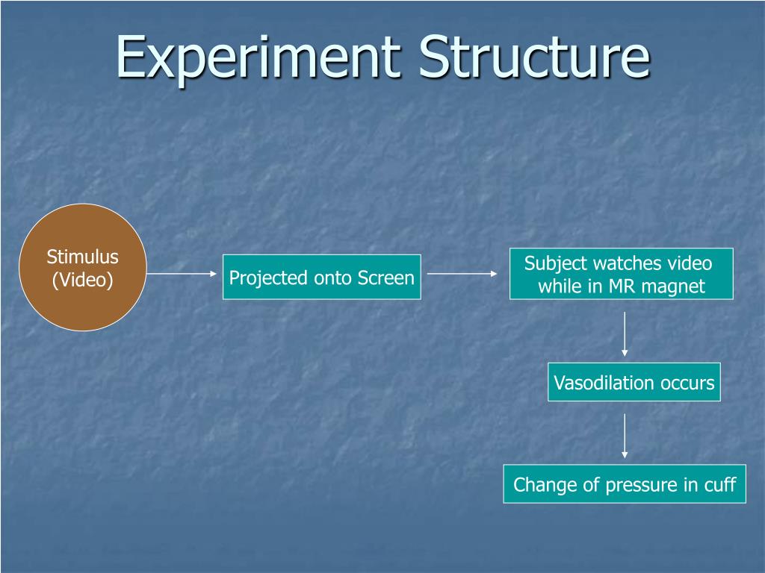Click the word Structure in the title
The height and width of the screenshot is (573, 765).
click(x=533, y=58)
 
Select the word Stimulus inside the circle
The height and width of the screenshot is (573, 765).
click(x=82, y=257)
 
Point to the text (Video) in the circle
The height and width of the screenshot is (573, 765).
click(x=82, y=281)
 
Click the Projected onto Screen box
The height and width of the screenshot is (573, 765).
click(x=321, y=278)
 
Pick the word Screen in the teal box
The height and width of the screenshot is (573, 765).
click(x=385, y=278)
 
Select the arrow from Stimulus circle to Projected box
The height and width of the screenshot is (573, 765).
click(x=182, y=274)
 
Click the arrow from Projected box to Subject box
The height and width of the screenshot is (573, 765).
click(x=462, y=274)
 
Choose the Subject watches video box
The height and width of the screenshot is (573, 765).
click(x=622, y=275)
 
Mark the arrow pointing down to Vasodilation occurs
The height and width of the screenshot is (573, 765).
click(x=625, y=334)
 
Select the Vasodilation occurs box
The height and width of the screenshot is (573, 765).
click(x=634, y=383)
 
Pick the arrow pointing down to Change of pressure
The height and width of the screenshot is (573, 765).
click(x=625, y=435)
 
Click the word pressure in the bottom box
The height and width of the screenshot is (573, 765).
click(x=641, y=485)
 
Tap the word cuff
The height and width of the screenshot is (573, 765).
click(x=720, y=485)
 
